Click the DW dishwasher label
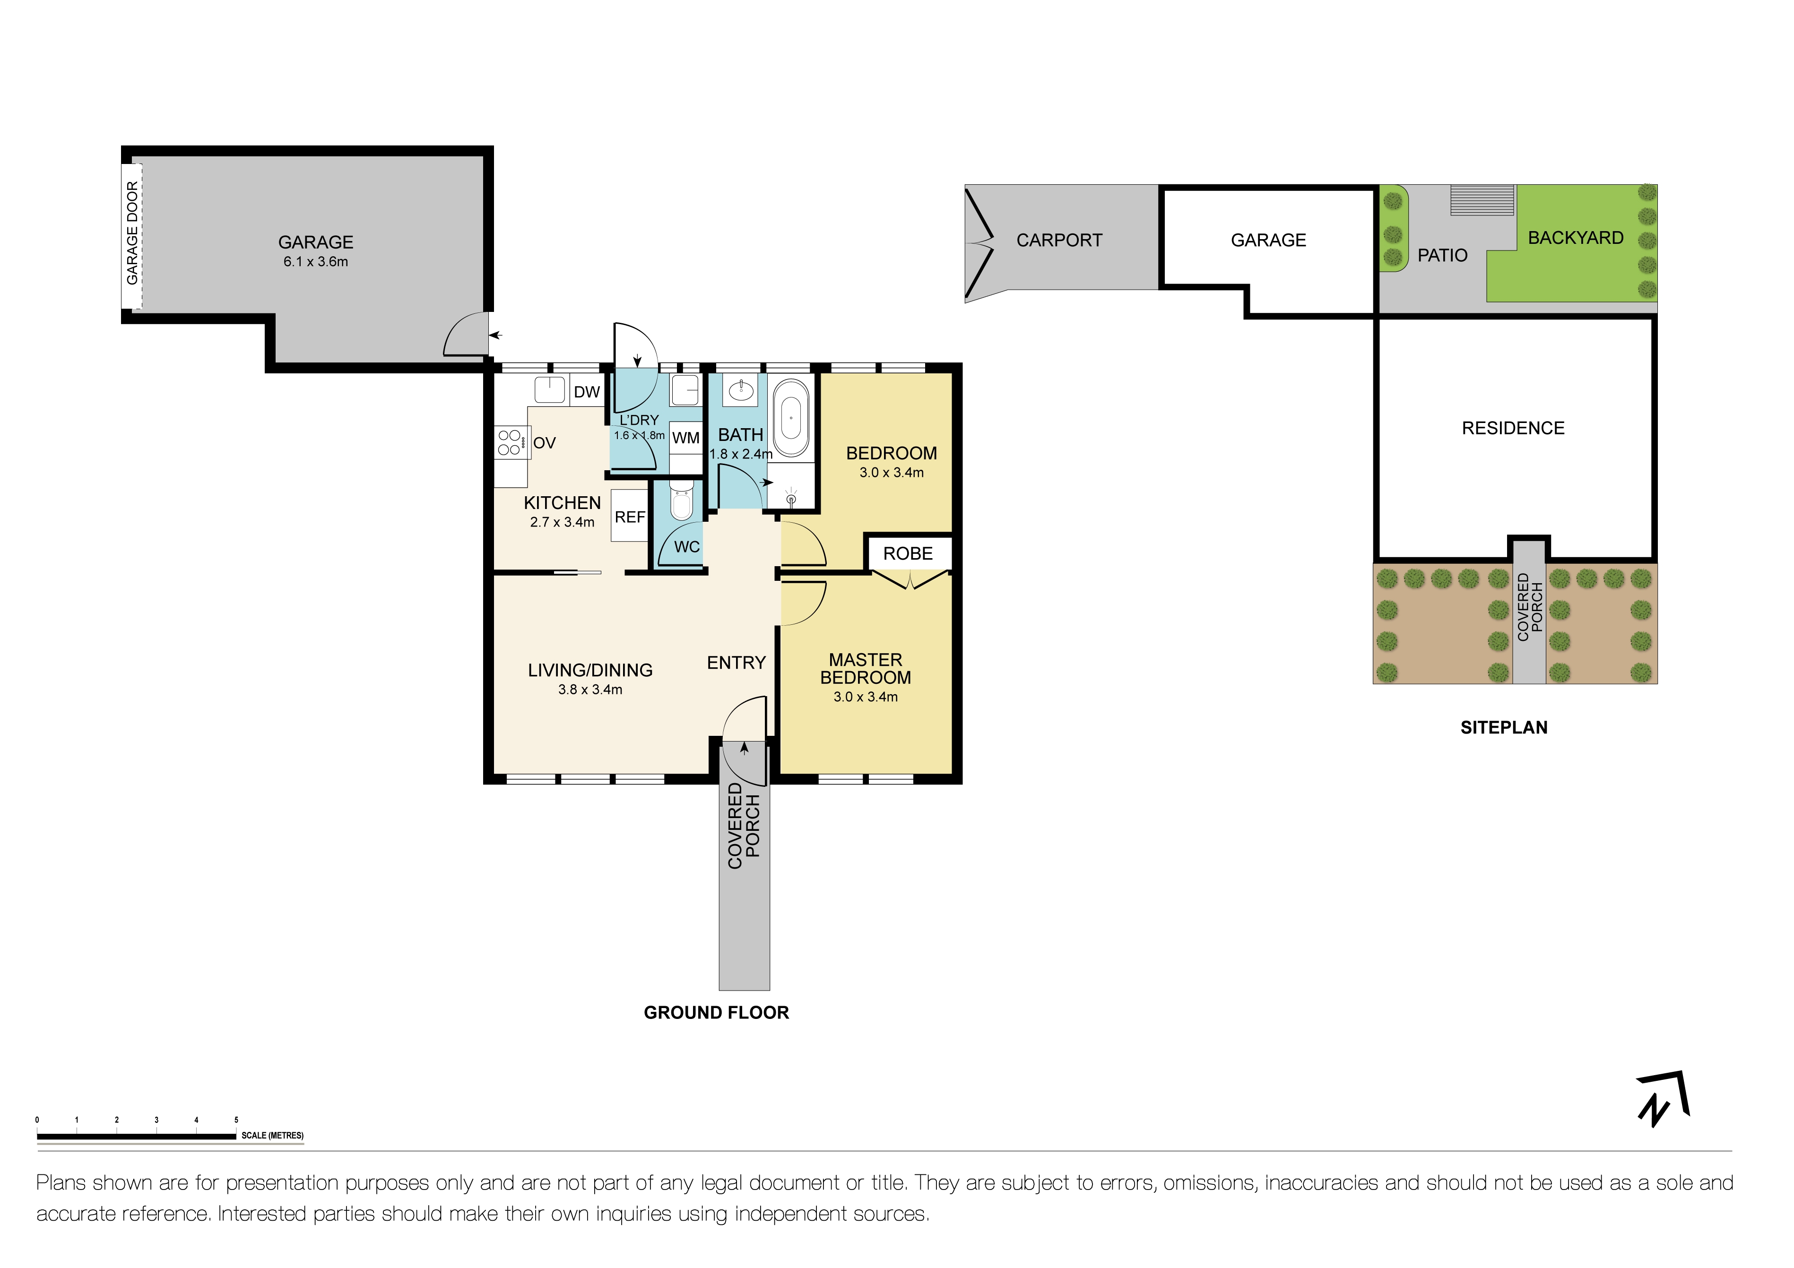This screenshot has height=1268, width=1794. pyautogui.click(x=586, y=392)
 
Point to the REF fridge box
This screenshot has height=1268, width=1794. pyautogui.click(x=630, y=517)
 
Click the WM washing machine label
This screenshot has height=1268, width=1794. pyautogui.click(x=686, y=438)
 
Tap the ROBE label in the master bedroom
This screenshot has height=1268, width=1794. pyautogui.click(x=908, y=554)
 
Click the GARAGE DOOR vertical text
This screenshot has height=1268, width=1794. pyautogui.click(x=132, y=233)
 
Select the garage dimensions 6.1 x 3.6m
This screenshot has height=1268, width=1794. pyautogui.click(x=316, y=262)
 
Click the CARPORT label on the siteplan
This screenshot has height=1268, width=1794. pyautogui.click(x=1059, y=241)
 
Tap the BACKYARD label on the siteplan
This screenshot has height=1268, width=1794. pyautogui.click(x=1575, y=238)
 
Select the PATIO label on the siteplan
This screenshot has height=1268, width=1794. pyautogui.click(x=1442, y=256)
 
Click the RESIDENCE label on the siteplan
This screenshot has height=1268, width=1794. pyautogui.click(x=1513, y=428)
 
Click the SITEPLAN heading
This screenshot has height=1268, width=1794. pyautogui.click(x=1503, y=727)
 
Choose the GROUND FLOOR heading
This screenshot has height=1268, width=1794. pyautogui.click(x=716, y=1012)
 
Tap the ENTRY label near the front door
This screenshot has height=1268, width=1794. pyautogui.click(x=736, y=663)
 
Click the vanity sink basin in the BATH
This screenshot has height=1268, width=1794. pyautogui.click(x=740, y=390)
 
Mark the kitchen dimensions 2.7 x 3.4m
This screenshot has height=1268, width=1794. pyautogui.click(x=562, y=522)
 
